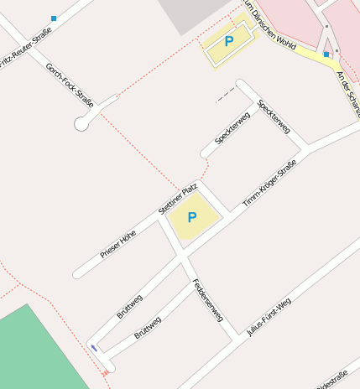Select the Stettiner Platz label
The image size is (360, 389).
(177, 200)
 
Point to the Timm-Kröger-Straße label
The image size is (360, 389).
(269, 184)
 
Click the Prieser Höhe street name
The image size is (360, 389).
(118, 243)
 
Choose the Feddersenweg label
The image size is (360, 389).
(207, 299)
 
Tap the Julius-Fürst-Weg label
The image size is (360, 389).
(269, 316)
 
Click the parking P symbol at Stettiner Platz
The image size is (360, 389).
(192, 218)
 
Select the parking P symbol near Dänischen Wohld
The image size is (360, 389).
(228, 40)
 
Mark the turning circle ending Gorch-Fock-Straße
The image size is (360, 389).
(82, 124)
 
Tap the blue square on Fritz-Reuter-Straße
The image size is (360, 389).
(54, 18)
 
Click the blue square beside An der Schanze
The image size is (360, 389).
(326, 54)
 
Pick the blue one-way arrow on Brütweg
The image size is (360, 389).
(94, 348)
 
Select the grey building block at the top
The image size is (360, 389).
(193, 13)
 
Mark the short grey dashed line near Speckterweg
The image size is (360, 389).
(224, 97)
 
